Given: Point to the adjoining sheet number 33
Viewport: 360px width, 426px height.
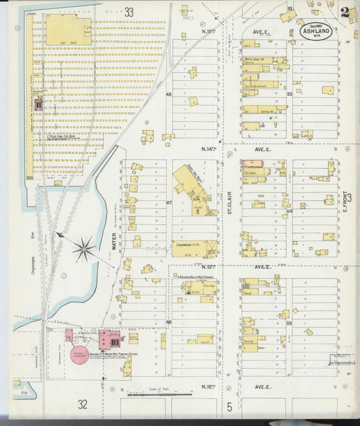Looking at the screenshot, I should (129, 11).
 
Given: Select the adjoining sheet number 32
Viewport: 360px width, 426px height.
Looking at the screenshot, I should (83, 404).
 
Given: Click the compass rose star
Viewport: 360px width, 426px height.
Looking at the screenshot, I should (84, 249).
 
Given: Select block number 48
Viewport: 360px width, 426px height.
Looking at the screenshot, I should (169, 94).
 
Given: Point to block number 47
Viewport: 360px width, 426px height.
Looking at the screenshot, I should (170, 202).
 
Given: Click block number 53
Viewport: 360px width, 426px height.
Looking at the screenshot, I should (289, 94).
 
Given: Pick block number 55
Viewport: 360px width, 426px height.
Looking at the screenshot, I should (289, 323).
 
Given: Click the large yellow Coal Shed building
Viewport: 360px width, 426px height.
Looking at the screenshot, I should (68, 31).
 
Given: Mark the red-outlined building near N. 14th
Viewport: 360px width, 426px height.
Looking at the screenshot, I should (251, 165).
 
